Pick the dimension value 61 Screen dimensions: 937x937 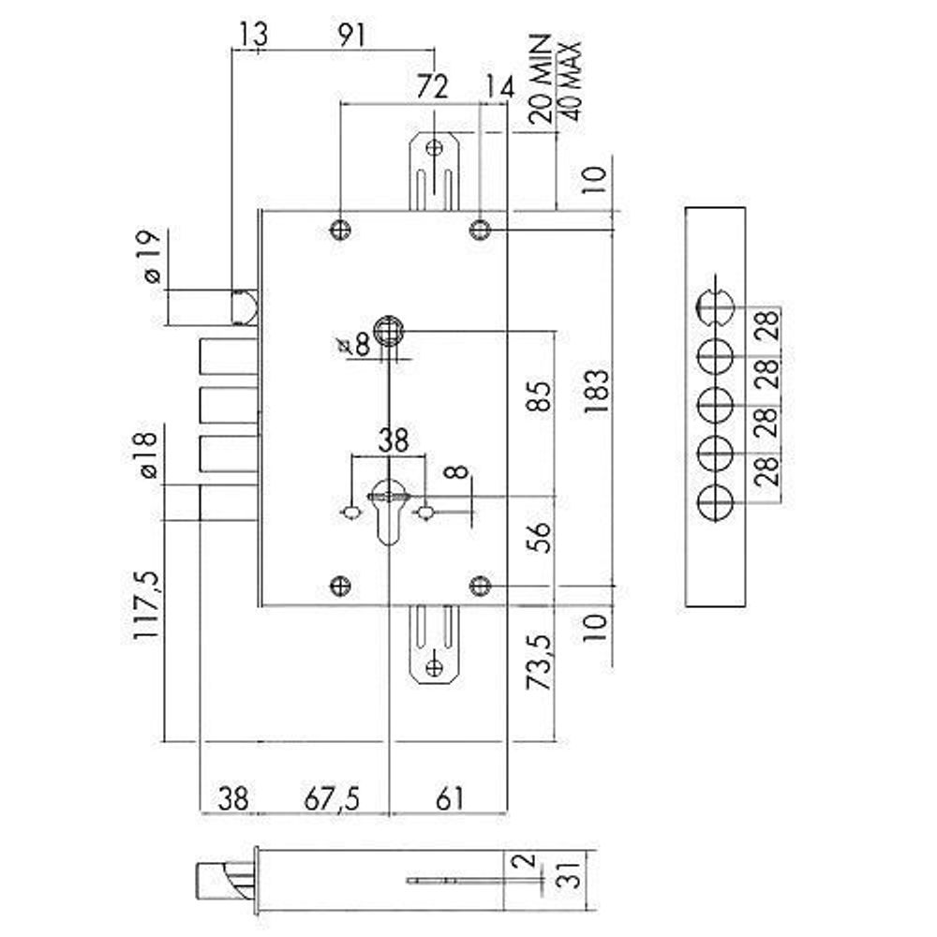[450, 798]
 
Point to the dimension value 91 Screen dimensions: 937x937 [350, 35]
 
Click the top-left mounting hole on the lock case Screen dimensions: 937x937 [341, 229]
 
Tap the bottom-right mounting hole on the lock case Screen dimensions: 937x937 [480, 587]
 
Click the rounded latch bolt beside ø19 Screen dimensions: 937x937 [245, 305]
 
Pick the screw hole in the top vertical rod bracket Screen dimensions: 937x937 [434, 147]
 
